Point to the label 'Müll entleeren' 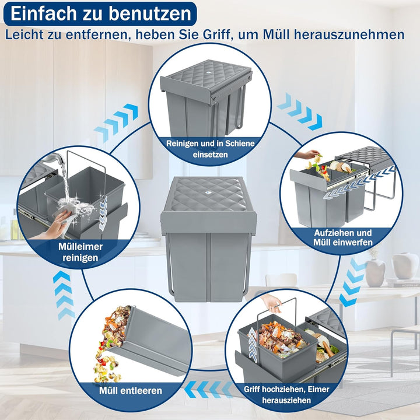(130, 390)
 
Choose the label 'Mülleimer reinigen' (80, 251)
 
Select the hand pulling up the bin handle (271, 302)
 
